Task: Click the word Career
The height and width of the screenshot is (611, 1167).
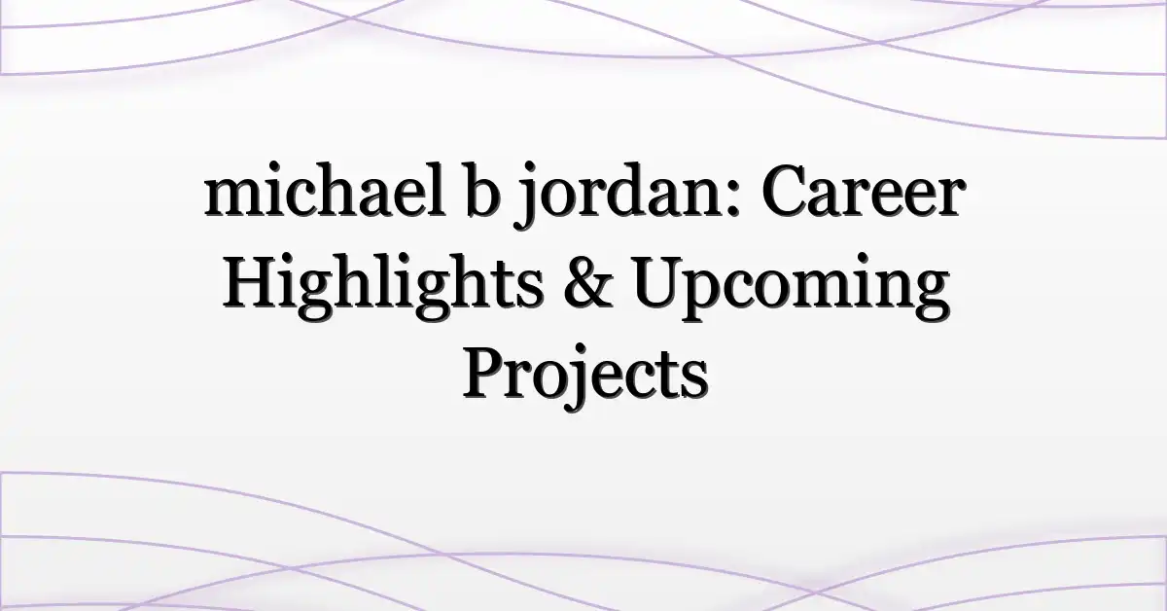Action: pyautogui.click(x=864, y=192)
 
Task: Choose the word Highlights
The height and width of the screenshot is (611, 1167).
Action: pyautogui.click(x=383, y=287)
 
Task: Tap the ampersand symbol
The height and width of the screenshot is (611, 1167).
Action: pyautogui.click(x=588, y=284)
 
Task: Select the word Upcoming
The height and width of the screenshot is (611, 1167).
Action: pyautogui.click(x=791, y=288)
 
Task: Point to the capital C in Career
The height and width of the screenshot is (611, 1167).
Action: pyautogui.click(x=789, y=192)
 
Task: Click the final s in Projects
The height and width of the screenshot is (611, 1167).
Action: pyautogui.click(x=694, y=381)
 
